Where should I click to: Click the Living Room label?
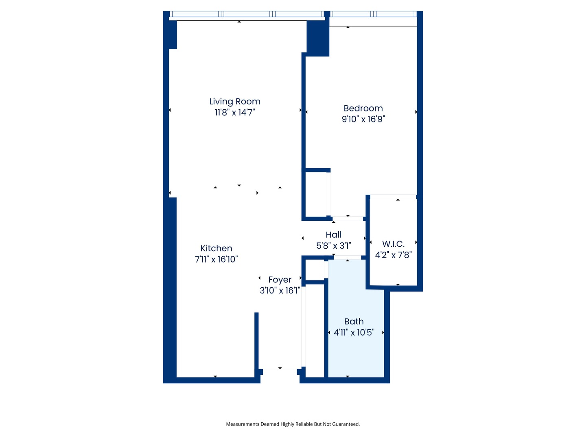pyautogui.click(x=235, y=102)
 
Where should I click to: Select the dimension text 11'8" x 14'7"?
pyautogui.click(x=235, y=113)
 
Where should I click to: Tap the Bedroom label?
pyautogui.click(x=363, y=109)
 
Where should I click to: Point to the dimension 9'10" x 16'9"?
pyautogui.click(x=363, y=119)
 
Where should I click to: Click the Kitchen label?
pyautogui.click(x=216, y=248)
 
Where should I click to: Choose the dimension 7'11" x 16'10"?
pyautogui.click(x=216, y=259)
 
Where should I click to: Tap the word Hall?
pyautogui.click(x=334, y=235)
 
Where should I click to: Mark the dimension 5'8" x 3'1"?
pyautogui.click(x=334, y=246)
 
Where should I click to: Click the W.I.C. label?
pyautogui.click(x=393, y=244)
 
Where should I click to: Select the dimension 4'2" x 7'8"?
pyautogui.click(x=393, y=255)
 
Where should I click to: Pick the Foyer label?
pyautogui.click(x=280, y=280)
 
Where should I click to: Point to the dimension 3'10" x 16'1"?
pyautogui.click(x=280, y=291)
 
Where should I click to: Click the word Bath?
pyautogui.click(x=354, y=322)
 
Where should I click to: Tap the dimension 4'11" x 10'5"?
pyautogui.click(x=354, y=333)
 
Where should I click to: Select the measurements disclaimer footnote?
pyautogui.click(x=293, y=424)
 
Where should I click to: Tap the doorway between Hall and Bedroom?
pyautogui.click(x=348, y=219)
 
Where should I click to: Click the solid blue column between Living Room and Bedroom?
pyautogui.click(x=318, y=39)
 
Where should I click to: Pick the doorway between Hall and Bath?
pyautogui.click(x=348, y=258)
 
